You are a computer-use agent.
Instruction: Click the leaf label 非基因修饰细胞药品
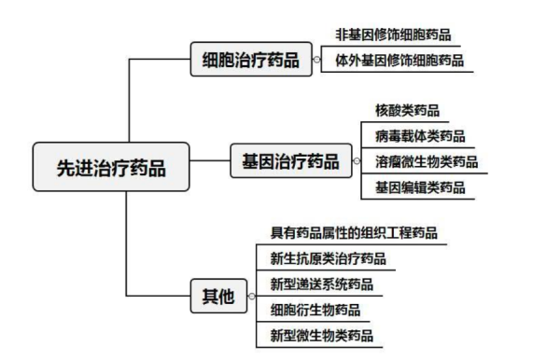[x=391, y=35]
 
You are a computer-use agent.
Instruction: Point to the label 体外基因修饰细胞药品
[x=398, y=61]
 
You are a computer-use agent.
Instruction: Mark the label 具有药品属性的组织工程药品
[x=354, y=232]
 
